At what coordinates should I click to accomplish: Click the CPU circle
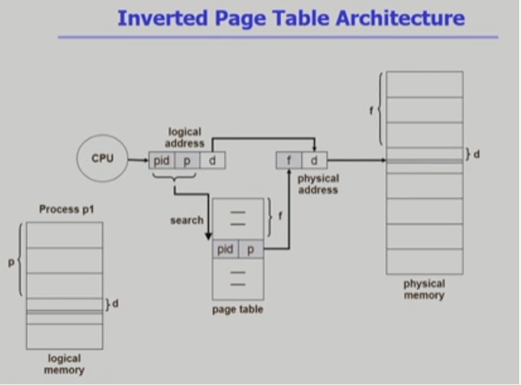102,158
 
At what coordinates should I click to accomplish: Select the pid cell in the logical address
161,160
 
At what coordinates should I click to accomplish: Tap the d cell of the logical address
212,160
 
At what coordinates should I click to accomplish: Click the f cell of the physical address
289,161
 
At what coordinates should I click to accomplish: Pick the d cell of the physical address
314,161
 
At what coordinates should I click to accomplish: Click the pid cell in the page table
225,249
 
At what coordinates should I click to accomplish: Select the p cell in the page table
250,249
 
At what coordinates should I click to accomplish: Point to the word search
186,220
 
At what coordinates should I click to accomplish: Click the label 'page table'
237,310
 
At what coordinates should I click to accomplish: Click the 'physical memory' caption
424,289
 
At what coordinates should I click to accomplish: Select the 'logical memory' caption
64,364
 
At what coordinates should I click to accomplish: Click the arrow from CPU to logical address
138,160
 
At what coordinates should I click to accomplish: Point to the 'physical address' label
318,184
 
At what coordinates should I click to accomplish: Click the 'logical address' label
185,137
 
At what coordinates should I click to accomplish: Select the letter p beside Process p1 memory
11,262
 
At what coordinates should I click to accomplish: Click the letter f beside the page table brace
279,216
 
